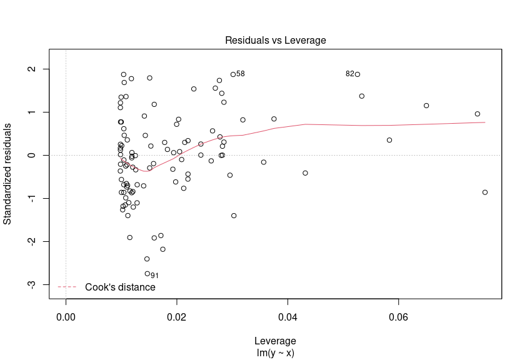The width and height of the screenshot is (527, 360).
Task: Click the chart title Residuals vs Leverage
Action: tap(275, 41)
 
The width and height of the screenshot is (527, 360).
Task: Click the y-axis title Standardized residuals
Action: tap(8, 174)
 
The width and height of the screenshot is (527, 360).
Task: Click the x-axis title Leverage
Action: tap(275, 341)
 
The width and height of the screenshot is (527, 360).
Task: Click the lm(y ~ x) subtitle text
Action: tap(275, 352)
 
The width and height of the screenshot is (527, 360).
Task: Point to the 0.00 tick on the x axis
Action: tap(66, 318)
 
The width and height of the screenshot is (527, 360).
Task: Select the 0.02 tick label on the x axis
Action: tap(177, 318)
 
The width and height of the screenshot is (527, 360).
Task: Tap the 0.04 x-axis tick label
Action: tap(288, 318)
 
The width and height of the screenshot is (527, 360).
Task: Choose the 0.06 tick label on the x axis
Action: tap(398, 318)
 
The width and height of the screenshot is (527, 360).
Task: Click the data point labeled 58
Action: tap(233, 74)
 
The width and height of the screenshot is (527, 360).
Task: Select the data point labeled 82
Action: tap(357, 74)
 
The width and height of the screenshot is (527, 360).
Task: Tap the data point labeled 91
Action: tap(148, 274)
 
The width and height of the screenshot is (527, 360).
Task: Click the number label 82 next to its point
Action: tap(349, 74)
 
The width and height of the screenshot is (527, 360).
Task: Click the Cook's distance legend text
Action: tap(120, 287)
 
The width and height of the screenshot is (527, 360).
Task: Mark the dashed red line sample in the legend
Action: tap(67, 287)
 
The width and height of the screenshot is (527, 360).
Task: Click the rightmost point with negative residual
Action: tap(485, 192)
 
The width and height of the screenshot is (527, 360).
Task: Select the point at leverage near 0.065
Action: tap(426, 106)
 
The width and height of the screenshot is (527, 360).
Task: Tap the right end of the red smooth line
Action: tap(484, 122)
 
